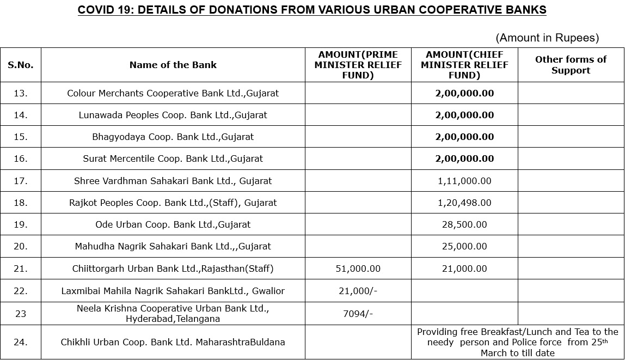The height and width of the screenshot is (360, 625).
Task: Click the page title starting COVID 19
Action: coord(312,10)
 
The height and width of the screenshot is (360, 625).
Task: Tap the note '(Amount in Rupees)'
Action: coord(547,38)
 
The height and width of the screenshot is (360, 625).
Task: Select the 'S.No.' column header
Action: coord(21,65)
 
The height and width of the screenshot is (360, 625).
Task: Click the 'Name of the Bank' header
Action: coord(173,65)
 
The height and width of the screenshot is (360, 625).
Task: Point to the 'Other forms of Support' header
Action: coord(571,65)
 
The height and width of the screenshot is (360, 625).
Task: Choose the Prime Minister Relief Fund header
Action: coord(358,65)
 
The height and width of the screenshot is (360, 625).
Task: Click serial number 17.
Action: coord(21,181)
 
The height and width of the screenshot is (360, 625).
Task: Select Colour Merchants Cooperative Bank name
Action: coord(173,93)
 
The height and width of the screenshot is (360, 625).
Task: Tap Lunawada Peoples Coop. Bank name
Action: coord(173,115)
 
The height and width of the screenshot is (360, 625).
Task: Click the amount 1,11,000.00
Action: coord(464,181)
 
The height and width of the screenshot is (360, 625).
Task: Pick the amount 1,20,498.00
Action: coord(464,203)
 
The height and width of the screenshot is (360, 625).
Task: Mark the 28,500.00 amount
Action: coord(464,224)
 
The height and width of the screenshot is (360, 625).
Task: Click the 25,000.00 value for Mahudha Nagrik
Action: coord(464,246)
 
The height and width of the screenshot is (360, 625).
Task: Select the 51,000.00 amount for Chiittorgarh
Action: coord(358,269)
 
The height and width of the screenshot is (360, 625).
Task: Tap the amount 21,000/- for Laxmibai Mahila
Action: coord(358,291)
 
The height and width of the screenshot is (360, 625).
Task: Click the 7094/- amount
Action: coord(358,314)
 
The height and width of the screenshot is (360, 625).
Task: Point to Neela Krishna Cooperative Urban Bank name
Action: coord(173,314)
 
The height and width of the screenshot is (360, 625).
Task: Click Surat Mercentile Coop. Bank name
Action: coord(173,158)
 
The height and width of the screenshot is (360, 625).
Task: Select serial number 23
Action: coord(21,314)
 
